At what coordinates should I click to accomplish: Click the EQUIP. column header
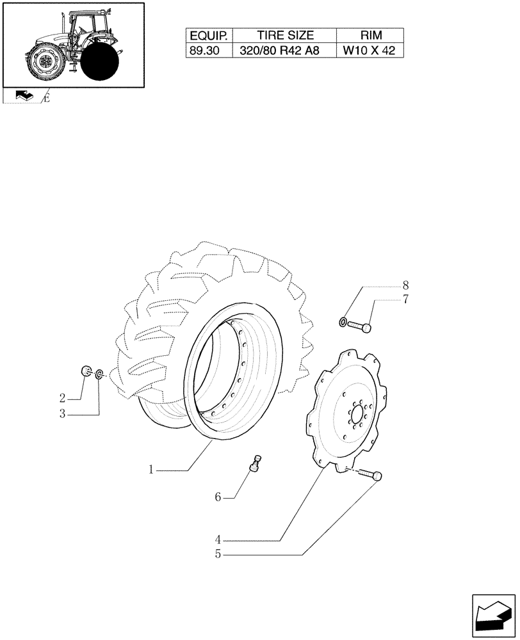(x=209, y=36)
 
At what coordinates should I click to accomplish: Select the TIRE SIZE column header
(x=285, y=36)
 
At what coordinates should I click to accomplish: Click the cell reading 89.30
(x=209, y=51)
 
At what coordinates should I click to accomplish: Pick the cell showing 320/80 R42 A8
(x=285, y=51)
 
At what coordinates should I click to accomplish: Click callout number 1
(x=151, y=470)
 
